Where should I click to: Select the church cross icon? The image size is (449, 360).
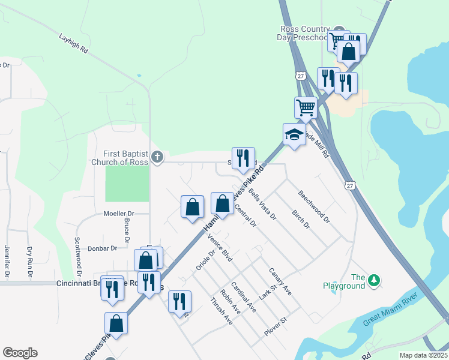(157, 157)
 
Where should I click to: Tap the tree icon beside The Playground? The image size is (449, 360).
(374, 280)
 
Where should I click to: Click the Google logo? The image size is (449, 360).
(20, 353)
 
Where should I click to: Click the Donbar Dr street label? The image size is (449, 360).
(102, 248)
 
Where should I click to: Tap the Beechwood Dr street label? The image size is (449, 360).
(314, 207)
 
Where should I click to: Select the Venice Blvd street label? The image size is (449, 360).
(219, 248)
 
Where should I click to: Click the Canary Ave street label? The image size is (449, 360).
(280, 281)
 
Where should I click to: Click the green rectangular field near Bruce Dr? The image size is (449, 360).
(127, 184)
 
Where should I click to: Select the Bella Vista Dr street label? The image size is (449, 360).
(262, 205)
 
